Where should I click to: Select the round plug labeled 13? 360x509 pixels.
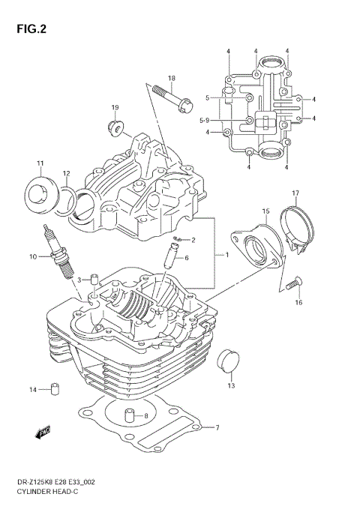pos(226,361)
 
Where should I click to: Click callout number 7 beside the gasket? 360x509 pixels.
pos(217,428)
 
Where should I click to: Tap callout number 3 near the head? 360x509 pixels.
pos(79,280)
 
